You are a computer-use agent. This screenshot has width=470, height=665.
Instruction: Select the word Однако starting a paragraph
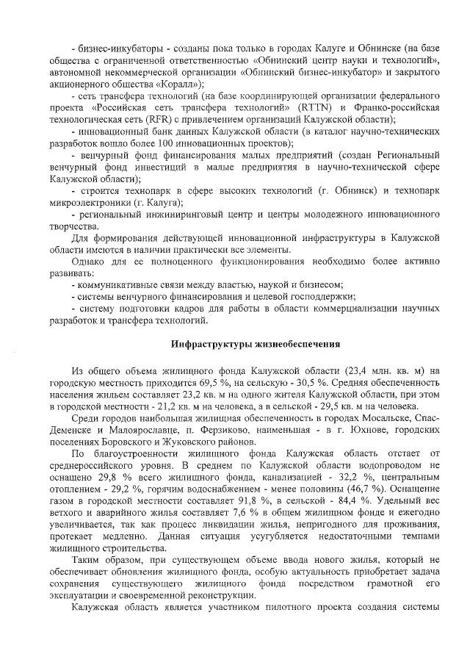coord(87,262)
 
